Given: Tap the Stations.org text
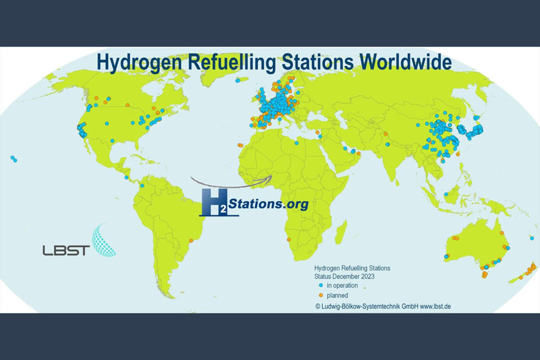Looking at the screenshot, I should (x=268, y=203).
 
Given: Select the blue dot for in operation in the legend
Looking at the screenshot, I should (x=321, y=285).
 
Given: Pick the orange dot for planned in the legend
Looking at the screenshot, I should (x=321, y=295).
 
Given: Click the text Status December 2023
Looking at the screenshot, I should (x=344, y=276).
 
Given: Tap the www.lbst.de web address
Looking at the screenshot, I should (x=435, y=306).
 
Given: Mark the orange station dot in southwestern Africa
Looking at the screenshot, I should (x=289, y=240).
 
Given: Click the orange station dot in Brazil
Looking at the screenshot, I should (x=191, y=240).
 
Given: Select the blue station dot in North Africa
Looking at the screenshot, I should (x=296, y=143).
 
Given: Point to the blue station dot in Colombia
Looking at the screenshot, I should (x=142, y=186).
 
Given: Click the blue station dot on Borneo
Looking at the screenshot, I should (x=446, y=194).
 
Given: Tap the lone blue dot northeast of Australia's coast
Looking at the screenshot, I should (x=532, y=238).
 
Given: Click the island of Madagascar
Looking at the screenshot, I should (x=341, y=232).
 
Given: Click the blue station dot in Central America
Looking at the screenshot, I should (x=126, y=177).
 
